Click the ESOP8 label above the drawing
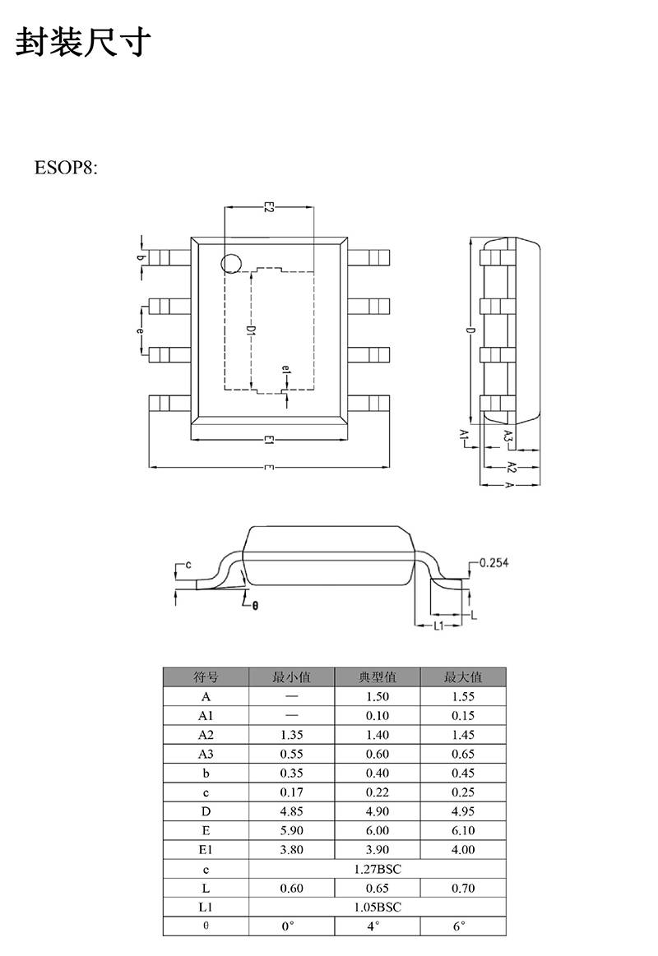tap(65, 168)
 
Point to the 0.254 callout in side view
tap(493, 563)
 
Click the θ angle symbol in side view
tap(255, 606)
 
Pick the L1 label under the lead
tap(439, 626)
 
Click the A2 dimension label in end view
tap(512, 468)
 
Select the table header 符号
tap(206, 677)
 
